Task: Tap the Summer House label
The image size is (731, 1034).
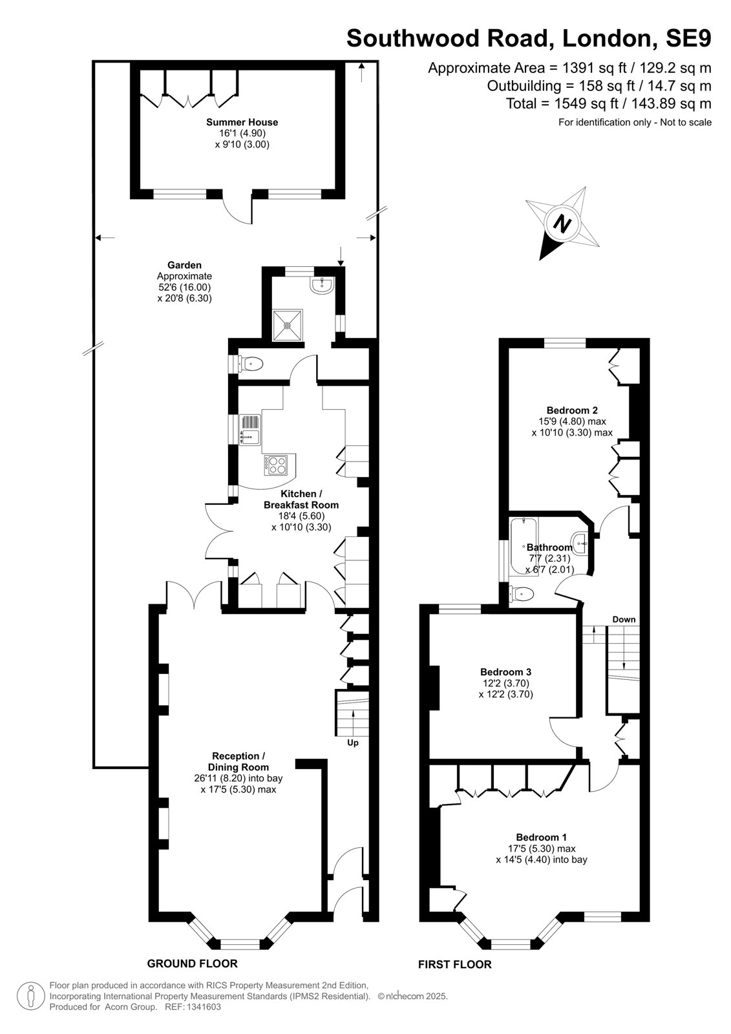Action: (242, 122)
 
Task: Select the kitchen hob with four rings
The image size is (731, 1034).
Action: (276, 465)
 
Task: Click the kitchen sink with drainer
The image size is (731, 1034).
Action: (250, 430)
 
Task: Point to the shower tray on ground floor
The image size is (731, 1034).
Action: (288, 325)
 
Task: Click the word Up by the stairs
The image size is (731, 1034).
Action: (353, 743)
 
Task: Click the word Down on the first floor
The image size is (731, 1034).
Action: (624, 620)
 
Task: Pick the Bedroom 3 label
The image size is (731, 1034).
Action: (505, 671)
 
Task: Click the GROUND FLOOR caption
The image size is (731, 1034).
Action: (192, 964)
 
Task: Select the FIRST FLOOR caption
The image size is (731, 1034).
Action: (455, 964)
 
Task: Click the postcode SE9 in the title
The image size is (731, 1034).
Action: (688, 38)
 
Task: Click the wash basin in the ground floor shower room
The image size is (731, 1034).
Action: (323, 286)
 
